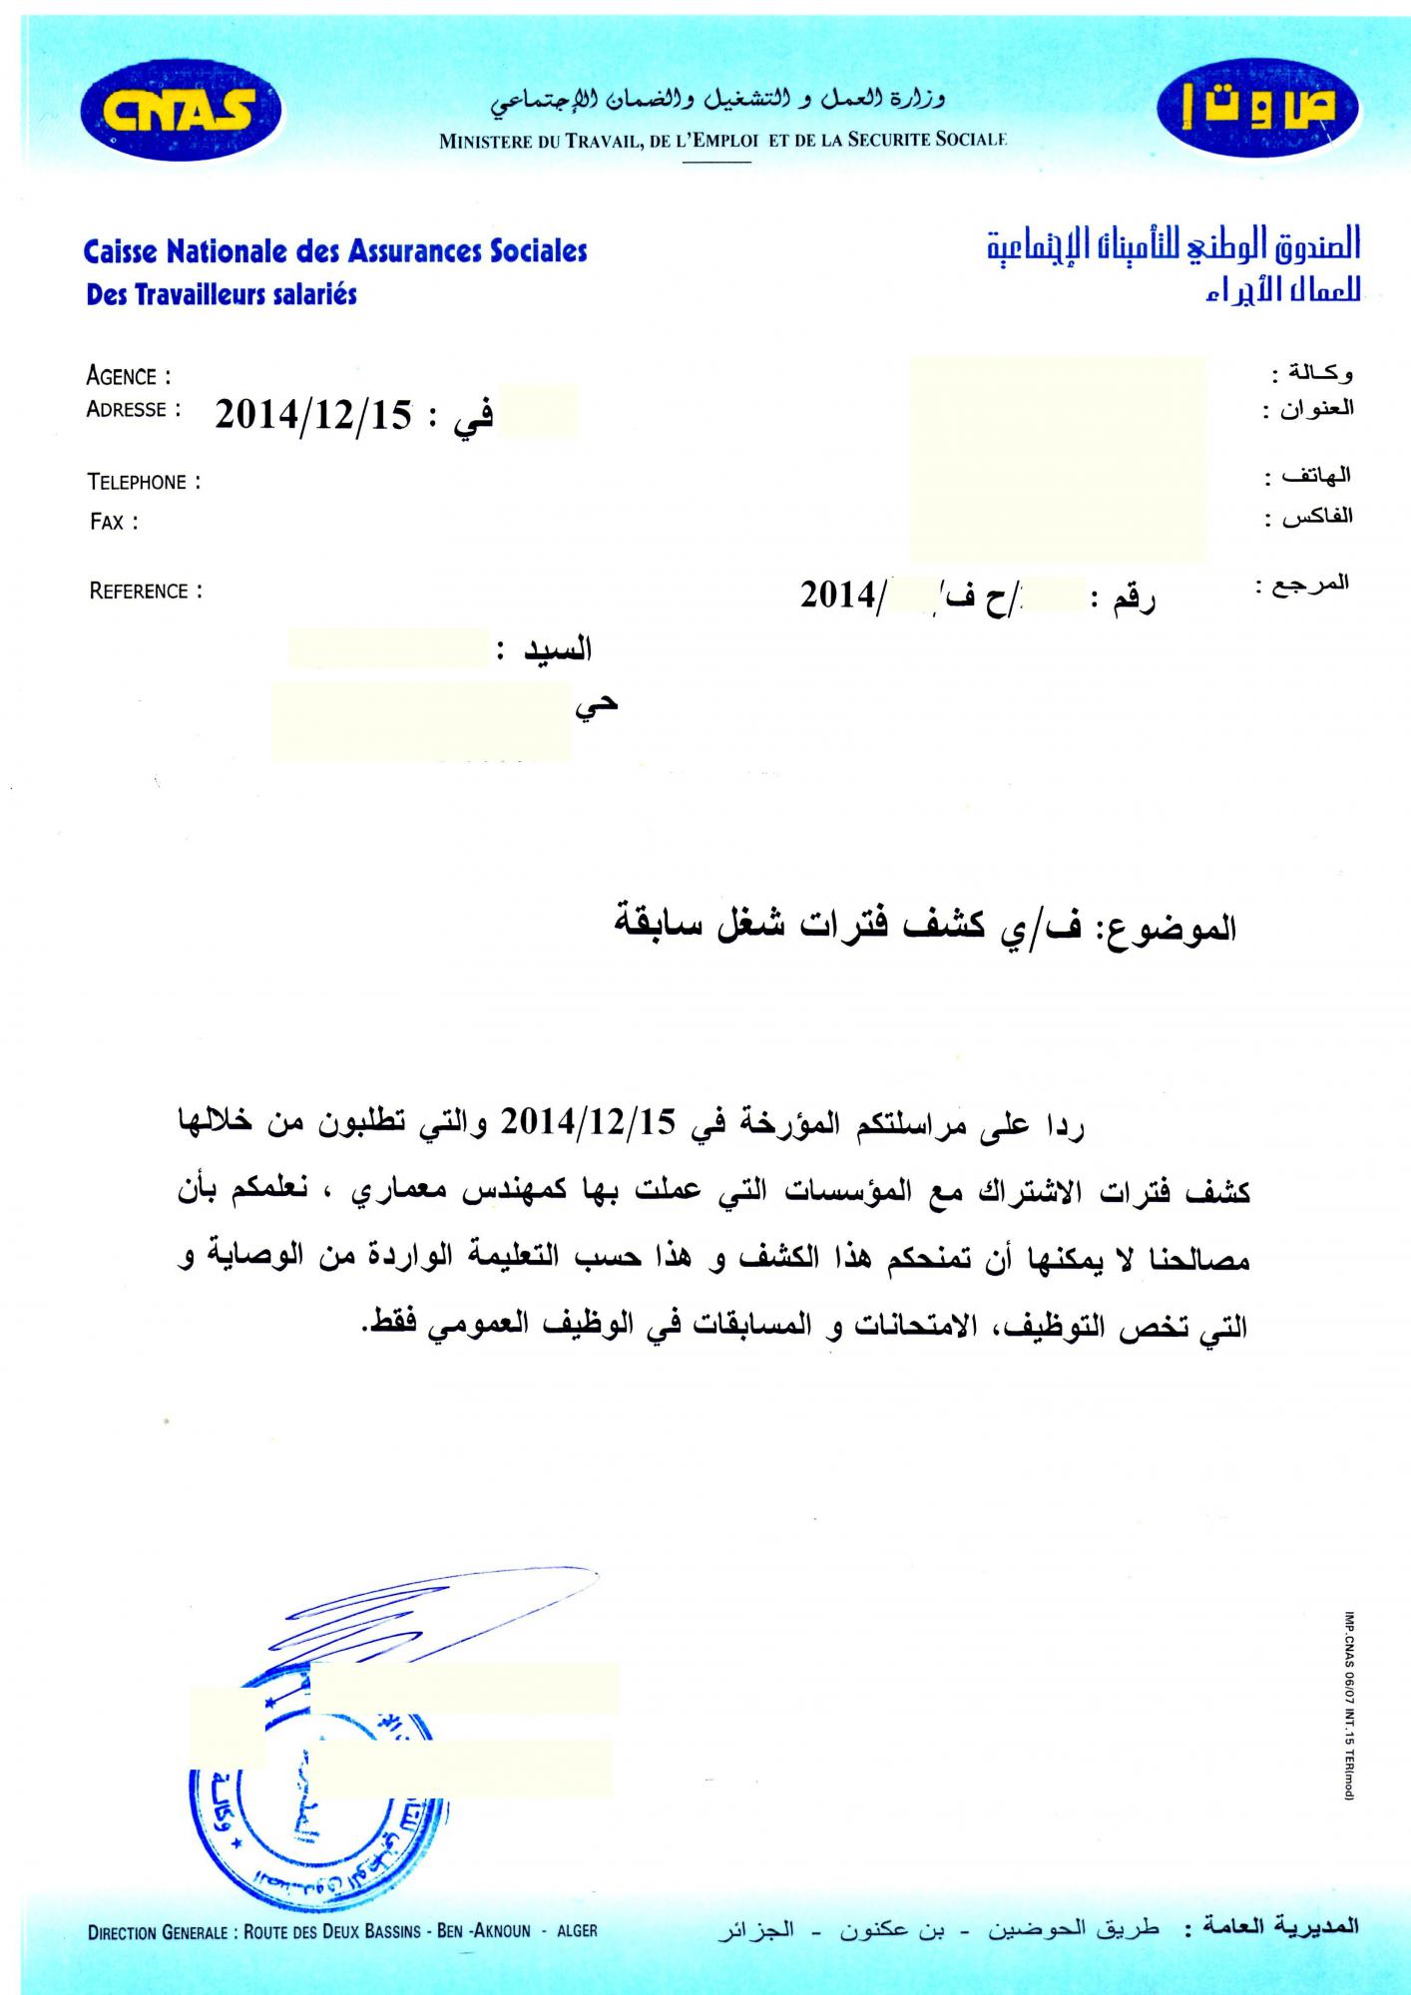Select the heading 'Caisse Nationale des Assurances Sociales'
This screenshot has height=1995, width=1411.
(335, 250)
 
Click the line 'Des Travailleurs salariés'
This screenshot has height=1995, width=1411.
(222, 295)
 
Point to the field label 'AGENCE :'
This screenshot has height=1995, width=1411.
(129, 377)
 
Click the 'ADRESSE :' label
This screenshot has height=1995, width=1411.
(134, 409)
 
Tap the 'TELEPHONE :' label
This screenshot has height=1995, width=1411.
(144, 483)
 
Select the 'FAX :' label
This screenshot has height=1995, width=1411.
(114, 522)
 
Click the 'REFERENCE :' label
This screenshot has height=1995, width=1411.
(146, 592)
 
